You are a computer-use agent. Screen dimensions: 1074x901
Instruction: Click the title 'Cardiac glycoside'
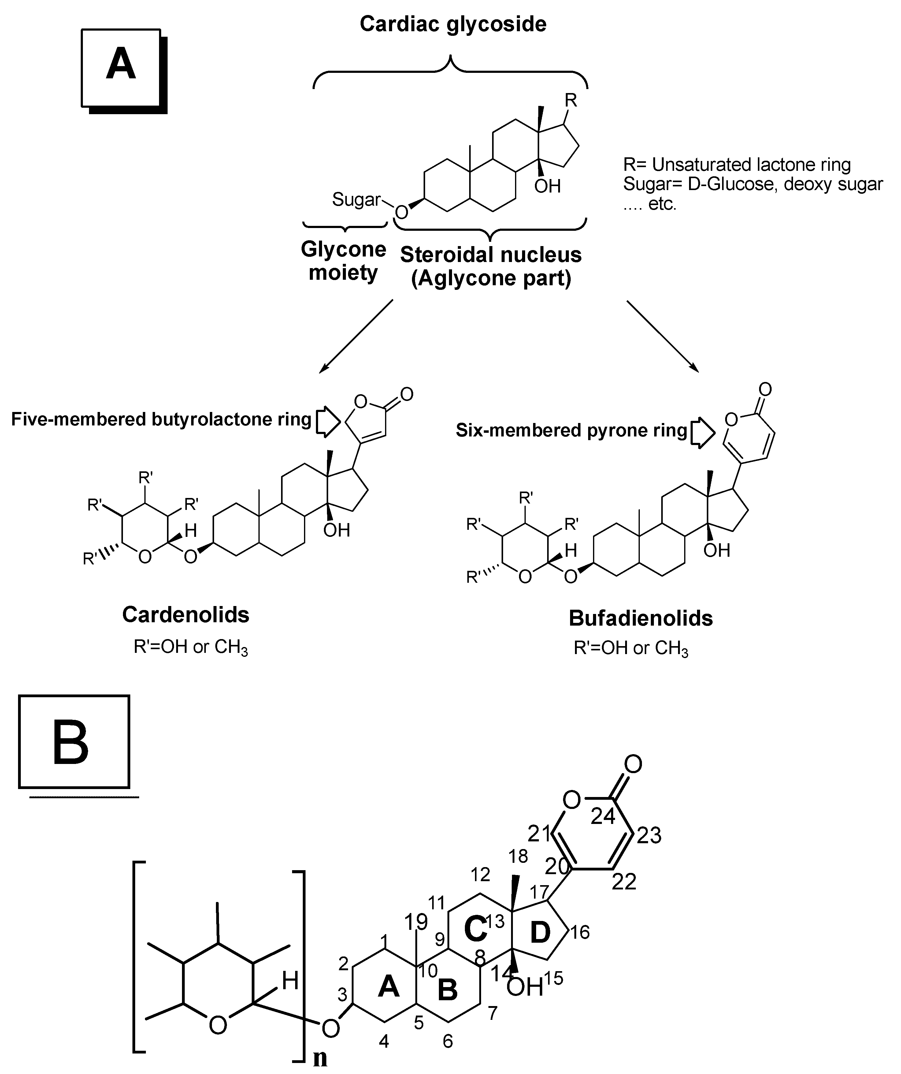[x=453, y=24]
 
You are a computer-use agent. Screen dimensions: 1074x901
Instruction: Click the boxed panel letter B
[x=71, y=743]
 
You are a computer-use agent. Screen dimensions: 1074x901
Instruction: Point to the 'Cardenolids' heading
[x=186, y=615]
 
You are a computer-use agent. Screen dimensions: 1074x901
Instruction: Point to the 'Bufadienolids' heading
[x=640, y=618]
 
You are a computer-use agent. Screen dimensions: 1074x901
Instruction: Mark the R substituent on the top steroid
[x=571, y=100]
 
